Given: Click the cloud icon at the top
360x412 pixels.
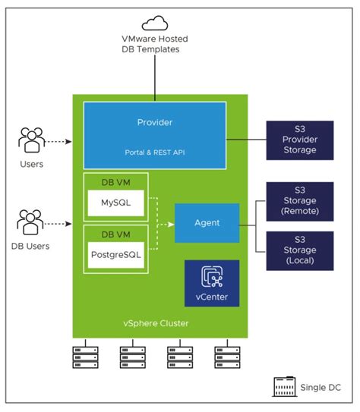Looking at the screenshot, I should [x=155, y=23].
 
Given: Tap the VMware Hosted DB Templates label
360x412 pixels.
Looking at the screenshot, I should [x=155, y=43].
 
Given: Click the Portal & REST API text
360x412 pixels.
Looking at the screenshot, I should [x=155, y=152].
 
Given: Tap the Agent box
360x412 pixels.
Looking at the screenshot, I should [x=207, y=223].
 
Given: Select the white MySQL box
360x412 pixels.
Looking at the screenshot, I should [x=115, y=203].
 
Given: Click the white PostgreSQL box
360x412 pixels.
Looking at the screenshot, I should [x=115, y=255].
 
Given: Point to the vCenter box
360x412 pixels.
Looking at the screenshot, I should [x=211, y=283].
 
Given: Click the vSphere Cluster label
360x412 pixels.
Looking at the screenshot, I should [x=156, y=323].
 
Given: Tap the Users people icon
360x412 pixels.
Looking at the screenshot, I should [x=32, y=140].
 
